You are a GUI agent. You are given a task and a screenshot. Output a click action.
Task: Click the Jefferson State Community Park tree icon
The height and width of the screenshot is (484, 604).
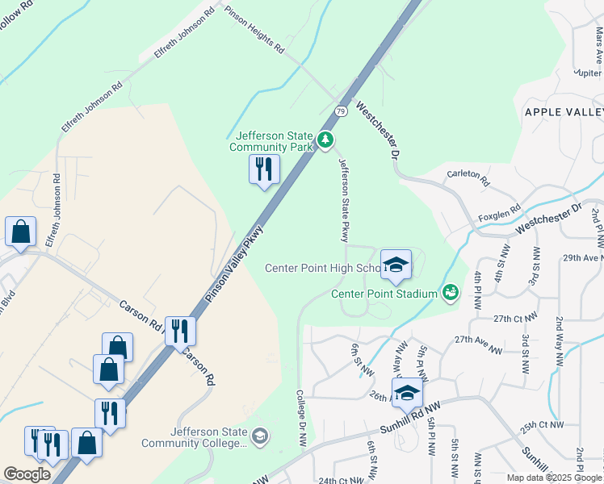[325, 141]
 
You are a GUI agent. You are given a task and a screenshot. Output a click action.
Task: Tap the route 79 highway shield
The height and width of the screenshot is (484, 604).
[342, 111]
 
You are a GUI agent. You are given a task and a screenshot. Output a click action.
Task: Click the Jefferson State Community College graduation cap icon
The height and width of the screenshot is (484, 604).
[259, 437]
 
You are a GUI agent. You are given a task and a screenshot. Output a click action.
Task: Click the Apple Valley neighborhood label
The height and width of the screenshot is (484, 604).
[564, 112]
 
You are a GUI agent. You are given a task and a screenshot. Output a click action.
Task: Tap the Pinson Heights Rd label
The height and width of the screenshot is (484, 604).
[254, 30]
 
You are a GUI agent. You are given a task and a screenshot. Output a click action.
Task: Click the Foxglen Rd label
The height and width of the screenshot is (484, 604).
[497, 214]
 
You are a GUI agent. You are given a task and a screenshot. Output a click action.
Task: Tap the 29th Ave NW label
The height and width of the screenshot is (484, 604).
[584, 258]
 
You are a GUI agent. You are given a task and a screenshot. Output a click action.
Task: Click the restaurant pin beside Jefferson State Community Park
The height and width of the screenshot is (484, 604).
[263, 170]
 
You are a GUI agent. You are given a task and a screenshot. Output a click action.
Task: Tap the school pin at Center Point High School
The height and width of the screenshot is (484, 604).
[396, 265]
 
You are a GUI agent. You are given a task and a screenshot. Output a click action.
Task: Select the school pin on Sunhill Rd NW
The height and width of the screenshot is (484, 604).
[408, 393]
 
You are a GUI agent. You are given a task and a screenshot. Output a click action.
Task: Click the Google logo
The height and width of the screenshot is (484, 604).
[27, 474]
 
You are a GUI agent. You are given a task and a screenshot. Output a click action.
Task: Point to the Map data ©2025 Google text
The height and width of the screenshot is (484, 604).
[554, 478]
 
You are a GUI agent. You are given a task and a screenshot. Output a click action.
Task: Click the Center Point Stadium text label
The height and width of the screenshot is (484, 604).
[384, 294]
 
